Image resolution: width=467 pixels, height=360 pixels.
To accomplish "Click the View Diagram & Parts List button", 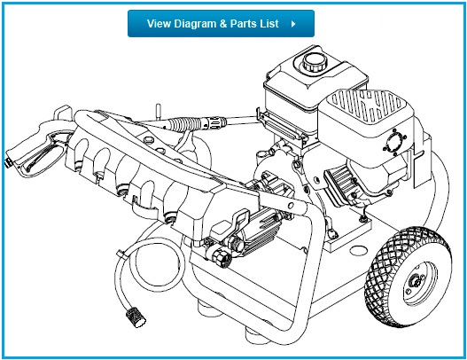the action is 221,24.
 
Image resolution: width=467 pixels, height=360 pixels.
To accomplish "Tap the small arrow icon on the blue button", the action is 293,24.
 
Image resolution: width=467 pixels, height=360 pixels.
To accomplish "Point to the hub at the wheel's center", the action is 416,280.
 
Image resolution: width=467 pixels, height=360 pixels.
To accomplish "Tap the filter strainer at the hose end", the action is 136,317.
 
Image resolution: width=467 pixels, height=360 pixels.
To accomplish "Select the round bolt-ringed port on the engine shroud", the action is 395,142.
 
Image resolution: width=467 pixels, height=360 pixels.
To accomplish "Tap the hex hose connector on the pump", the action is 222,258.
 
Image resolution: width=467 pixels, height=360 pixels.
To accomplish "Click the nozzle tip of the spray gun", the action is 7,162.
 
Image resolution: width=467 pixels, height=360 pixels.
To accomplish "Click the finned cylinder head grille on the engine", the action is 340,184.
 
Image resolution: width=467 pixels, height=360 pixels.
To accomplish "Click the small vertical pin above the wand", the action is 159,110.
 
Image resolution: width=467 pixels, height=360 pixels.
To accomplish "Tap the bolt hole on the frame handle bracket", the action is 291,205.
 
